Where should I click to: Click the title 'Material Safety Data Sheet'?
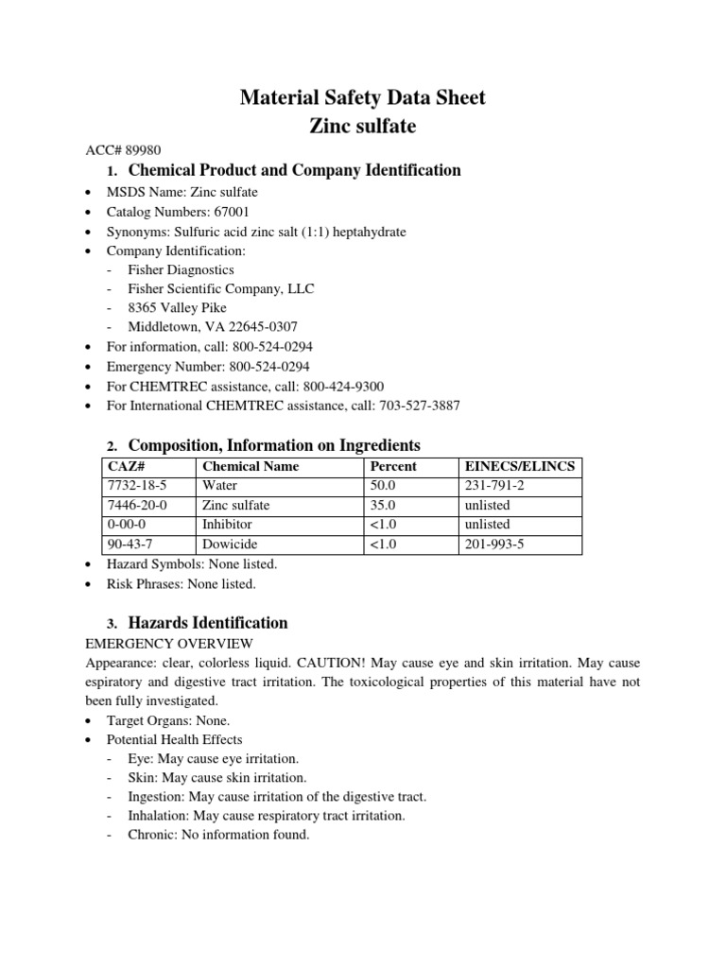coord(363,97)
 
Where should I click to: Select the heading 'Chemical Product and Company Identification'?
coord(294,171)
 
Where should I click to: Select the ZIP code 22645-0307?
coord(255,327)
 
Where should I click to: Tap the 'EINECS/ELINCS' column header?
coord(518,466)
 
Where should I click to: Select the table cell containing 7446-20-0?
coord(138,505)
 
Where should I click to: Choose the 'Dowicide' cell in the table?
coord(230,544)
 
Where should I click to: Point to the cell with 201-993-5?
coord(496,544)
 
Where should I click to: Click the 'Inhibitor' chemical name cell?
coord(228,524)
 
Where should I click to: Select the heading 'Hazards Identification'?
coord(208,623)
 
